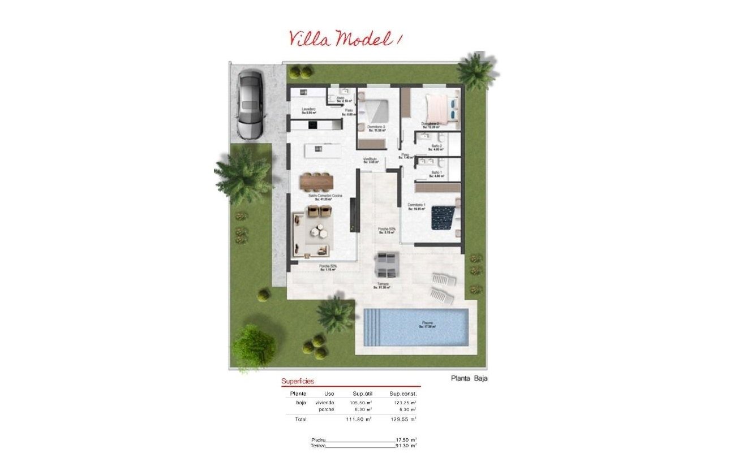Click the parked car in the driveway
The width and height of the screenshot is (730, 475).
tap(251, 105)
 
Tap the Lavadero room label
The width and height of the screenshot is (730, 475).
tap(308, 109)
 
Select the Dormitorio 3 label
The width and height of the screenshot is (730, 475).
tap(376, 127)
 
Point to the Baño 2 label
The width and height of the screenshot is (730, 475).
tap(436, 146)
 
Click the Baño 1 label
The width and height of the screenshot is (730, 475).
tap(436, 172)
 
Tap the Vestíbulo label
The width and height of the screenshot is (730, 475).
tap(370, 159)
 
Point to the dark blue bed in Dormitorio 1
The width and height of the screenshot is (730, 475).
tap(444, 218)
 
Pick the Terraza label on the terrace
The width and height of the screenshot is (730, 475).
tap(383, 284)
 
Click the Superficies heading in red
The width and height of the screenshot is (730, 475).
tap(298, 382)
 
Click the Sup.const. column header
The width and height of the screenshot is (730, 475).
tap(402, 393)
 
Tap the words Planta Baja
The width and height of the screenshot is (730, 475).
tap(469, 379)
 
